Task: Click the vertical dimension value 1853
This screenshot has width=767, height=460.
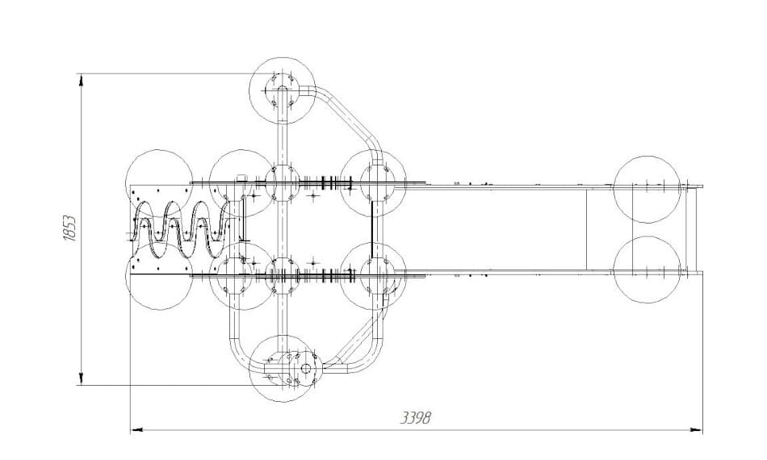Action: (69, 228)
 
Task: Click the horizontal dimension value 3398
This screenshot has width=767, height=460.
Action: (417, 419)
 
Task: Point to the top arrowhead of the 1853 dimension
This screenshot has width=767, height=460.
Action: (81, 79)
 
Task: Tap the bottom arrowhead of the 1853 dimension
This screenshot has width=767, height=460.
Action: (81, 379)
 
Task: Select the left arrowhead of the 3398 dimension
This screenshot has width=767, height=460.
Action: (137, 430)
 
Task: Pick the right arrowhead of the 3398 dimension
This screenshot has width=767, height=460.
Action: (696, 430)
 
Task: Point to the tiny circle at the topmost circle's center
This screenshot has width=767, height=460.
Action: (283, 90)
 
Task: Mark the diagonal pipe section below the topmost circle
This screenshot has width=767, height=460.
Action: (348, 116)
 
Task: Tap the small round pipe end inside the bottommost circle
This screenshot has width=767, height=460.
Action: (306, 368)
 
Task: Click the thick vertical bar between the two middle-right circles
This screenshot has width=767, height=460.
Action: (372, 229)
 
